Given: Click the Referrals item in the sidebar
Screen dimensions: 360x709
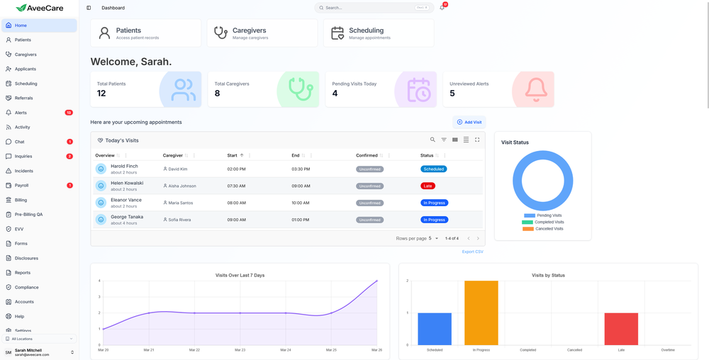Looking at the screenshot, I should coord(23,98).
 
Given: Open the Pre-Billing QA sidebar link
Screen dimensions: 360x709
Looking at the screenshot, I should coord(28,214).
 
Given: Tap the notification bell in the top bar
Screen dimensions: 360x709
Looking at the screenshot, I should coord(442,8).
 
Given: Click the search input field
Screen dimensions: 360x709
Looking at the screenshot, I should coord(369,8).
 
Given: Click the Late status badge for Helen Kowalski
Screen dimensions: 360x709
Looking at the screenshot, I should coord(428,186).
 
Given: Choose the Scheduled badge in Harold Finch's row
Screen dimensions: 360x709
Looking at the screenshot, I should coord(433,169).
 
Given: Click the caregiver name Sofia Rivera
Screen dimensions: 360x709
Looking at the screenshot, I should coord(179,220).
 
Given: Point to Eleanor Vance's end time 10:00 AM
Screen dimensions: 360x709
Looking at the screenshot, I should coord(300,203).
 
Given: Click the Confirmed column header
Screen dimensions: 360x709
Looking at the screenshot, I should coord(367,155).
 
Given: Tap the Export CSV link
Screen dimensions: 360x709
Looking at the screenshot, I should coord(472,252).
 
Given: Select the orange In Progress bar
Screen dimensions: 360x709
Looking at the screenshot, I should coord(481,313).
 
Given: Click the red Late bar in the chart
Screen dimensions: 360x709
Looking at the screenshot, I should coord(621,329).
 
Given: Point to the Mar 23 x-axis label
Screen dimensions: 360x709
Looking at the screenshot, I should coord(240,350).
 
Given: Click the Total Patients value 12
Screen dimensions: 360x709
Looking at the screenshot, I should coord(101,94).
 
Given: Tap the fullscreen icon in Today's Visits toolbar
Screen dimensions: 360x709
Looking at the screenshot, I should coord(477,140).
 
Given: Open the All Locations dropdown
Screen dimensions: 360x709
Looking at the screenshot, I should coord(39,339).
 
